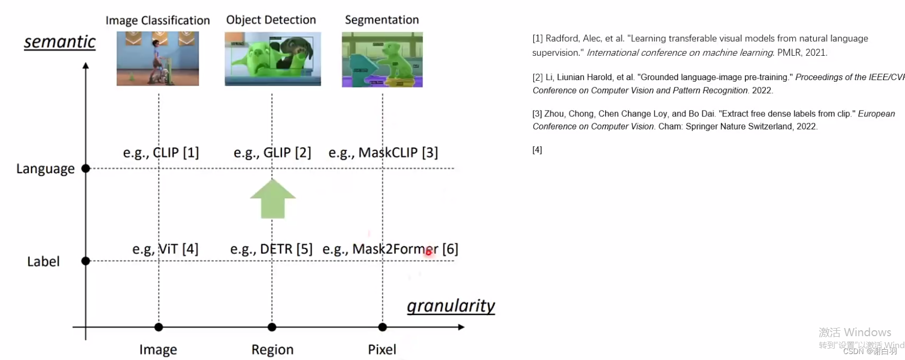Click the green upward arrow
pyautogui.click(x=273, y=199)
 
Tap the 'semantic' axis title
pyautogui.click(x=60, y=42)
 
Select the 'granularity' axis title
pyautogui.click(x=451, y=306)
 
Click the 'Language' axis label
pyautogui.click(x=45, y=169)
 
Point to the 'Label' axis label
pyautogui.click(x=43, y=261)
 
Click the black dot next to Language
pyautogui.click(x=86, y=168)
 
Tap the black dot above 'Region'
pyautogui.click(x=272, y=327)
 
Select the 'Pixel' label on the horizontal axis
pyautogui.click(x=382, y=350)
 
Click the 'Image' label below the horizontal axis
pyautogui.click(x=158, y=350)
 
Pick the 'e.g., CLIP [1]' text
pyautogui.click(x=161, y=153)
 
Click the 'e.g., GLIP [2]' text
pyautogui.click(x=272, y=153)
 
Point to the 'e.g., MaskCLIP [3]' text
pyautogui.click(x=383, y=153)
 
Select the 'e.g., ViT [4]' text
pyautogui.click(x=165, y=249)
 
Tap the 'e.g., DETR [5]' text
pyautogui.click(x=271, y=249)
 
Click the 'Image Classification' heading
pyautogui.click(x=158, y=21)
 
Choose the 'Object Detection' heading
pyautogui.click(x=271, y=20)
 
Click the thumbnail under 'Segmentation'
pyautogui.click(x=382, y=60)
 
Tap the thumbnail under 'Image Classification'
pyautogui.click(x=158, y=58)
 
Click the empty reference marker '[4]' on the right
pyautogui.click(x=537, y=150)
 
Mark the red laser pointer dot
pyautogui.click(x=429, y=252)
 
